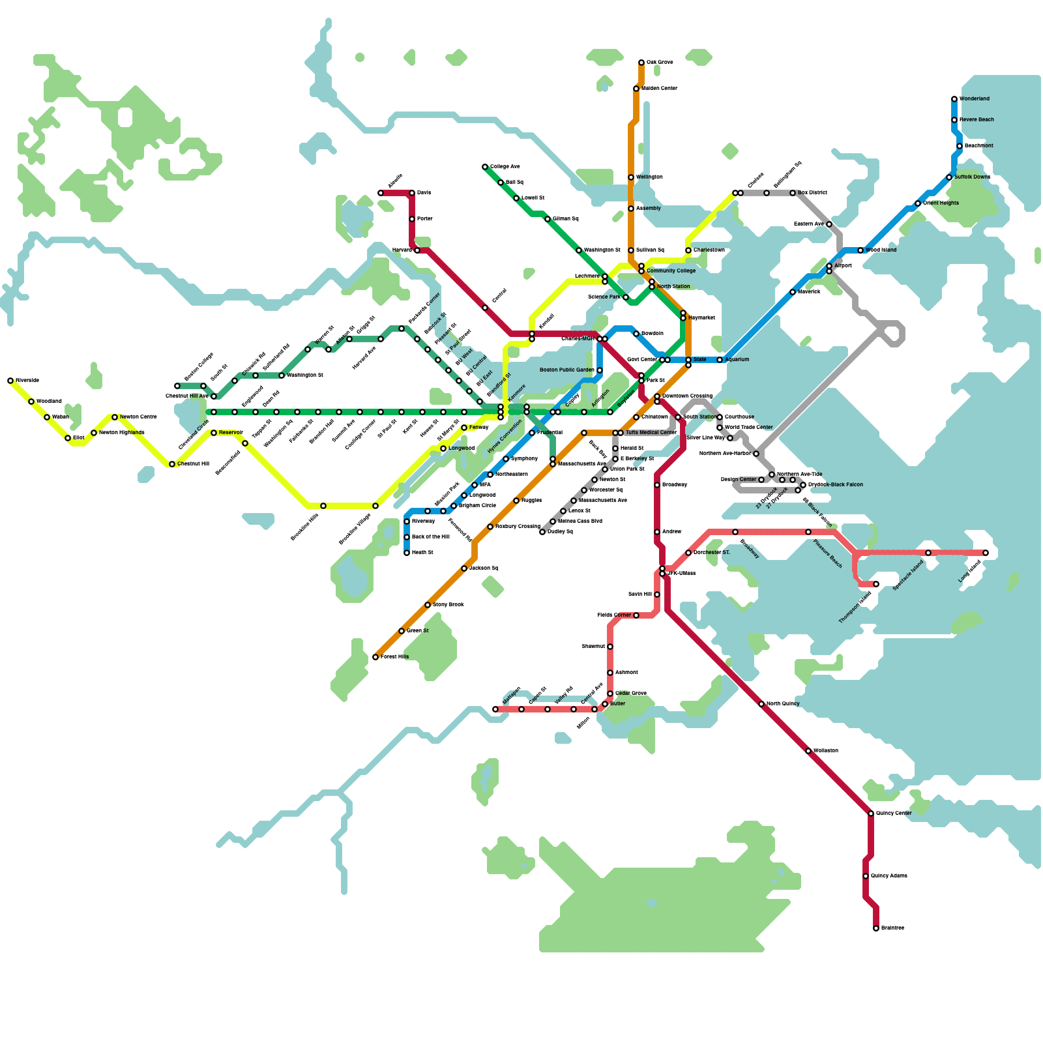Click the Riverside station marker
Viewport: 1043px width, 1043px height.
(10, 381)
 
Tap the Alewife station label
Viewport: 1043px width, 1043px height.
(395, 181)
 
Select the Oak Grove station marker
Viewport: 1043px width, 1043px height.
(641, 63)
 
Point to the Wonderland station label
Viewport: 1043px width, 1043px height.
(974, 99)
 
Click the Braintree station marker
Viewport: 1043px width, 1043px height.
(876, 928)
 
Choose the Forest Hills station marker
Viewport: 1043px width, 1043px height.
(375, 657)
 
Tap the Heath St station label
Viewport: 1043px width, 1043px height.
(422, 553)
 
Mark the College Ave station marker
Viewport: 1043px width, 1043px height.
(485, 167)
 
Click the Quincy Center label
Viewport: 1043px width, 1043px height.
(894, 814)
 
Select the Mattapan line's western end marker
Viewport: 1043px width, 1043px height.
(495, 709)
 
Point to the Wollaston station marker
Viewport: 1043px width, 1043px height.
(808, 751)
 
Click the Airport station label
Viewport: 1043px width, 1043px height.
(843, 266)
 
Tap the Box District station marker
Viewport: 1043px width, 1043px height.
(793, 193)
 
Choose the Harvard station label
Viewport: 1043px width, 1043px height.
(402, 250)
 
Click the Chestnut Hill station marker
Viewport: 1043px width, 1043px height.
(172, 464)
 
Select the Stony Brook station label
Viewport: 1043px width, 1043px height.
(448, 605)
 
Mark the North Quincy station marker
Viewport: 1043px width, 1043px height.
(761, 704)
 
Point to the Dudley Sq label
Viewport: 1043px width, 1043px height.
(560, 532)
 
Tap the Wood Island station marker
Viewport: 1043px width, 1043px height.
(860, 250)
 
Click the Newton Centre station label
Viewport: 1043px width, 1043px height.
(138, 417)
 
